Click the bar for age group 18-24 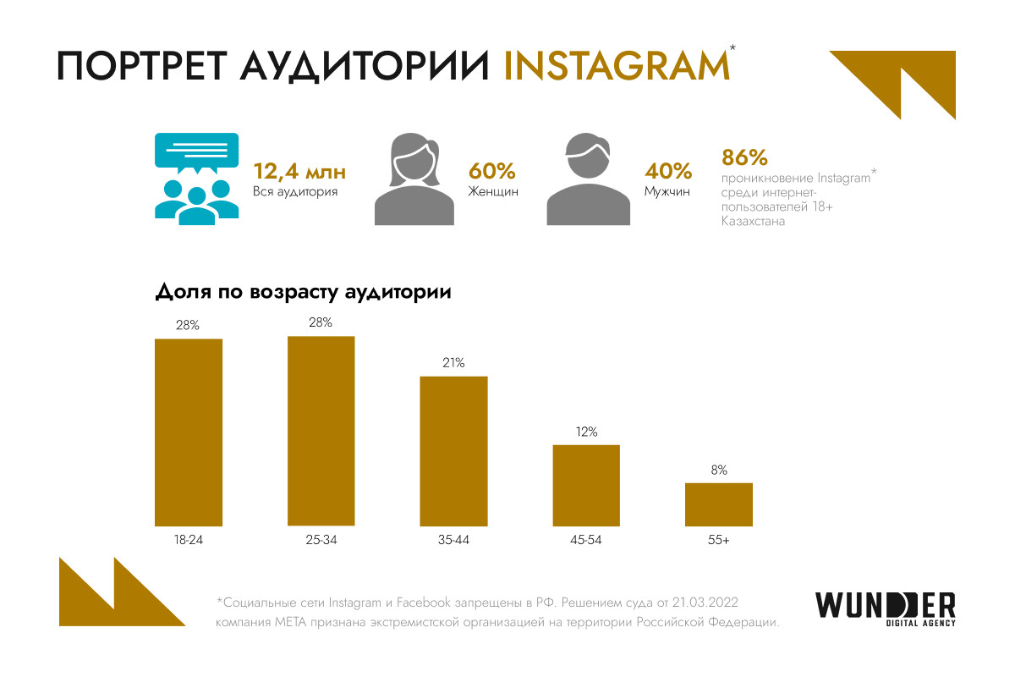tap(188, 432)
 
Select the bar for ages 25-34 tap(321, 431)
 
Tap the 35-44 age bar tap(454, 450)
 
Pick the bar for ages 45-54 tap(586, 485)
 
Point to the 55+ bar tap(718, 504)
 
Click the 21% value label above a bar tap(453, 363)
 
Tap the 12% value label tap(586, 432)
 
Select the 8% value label tap(719, 470)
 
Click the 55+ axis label tap(718, 539)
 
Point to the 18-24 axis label tap(188, 539)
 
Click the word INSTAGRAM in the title tap(615, 67)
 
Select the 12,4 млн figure tap(299, 172)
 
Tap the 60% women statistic tap(491, 172)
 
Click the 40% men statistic tap(668, 172)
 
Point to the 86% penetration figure tap(744, 158)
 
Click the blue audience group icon tap(196, 179)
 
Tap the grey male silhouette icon tap(589, 180)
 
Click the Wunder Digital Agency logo tap(886, 608)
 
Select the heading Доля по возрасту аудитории tap(303, 293)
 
